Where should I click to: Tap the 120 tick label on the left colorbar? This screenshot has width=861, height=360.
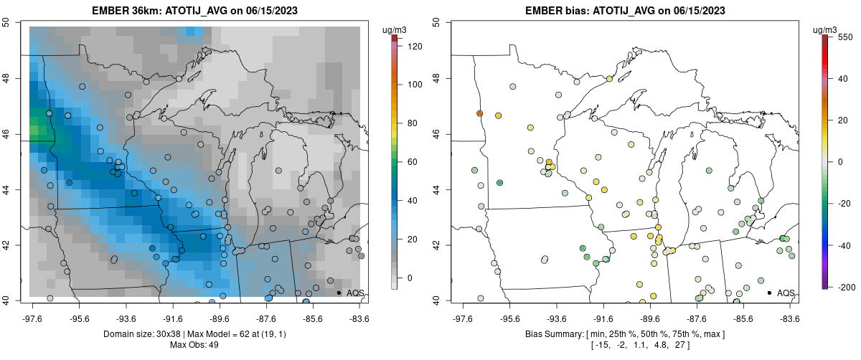click(415, 46)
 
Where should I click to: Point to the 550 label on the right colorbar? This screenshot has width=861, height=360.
click(844, 37)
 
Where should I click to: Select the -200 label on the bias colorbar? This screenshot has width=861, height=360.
click(844, 287)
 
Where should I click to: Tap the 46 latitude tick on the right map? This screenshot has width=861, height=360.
click(437, 134)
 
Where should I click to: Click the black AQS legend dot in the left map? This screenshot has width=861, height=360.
click(338, 293)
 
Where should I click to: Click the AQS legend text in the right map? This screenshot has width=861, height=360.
click(786, 293)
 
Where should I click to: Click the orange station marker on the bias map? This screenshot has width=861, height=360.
click(479, 114)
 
